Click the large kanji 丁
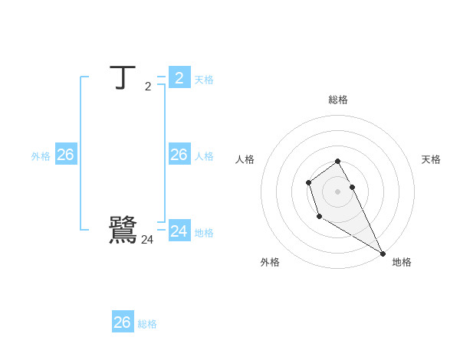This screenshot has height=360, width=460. coord(123,78)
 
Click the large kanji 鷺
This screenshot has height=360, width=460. coord(123,230)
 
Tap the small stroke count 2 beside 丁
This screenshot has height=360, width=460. coord(148,87)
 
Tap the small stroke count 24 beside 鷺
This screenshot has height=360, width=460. coord(147,240)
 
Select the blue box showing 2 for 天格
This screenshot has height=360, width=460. coord(179,77)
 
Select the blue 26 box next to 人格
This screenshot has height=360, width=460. coord(179,155)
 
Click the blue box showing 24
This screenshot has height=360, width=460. coord(179,231)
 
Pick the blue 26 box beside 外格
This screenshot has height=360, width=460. coord(65,155)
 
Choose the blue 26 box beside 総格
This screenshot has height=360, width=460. coord(123,322)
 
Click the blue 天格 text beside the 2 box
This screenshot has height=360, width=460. coord(204,80)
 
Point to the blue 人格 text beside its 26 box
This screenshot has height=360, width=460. coord(204,156)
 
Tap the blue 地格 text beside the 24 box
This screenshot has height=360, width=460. coord(204,233)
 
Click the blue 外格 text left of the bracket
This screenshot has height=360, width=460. coord(41,156)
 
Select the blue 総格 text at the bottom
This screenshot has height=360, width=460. coord(147,324)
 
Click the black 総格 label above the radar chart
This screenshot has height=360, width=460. coord(338,100)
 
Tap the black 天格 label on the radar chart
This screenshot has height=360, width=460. coord(431,159)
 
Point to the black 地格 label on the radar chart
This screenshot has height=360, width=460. coord(402,262)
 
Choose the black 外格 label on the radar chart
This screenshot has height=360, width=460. coord(270,262)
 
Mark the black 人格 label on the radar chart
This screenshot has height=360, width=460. coord(245,159)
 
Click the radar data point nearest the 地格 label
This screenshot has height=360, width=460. coord(383,254)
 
